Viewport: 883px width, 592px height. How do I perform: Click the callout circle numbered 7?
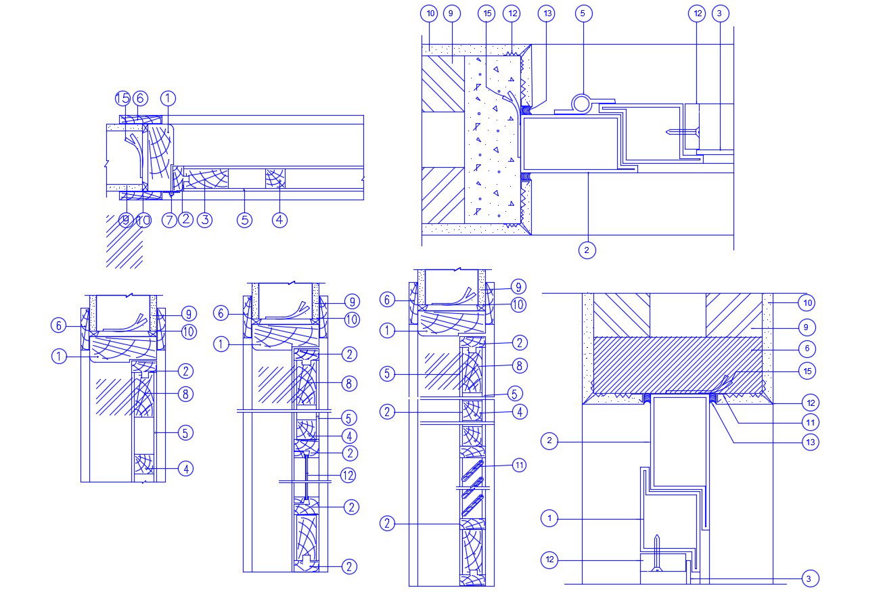click(x=168, y=220)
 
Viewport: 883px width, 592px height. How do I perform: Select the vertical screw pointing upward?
click(x=656, y=551)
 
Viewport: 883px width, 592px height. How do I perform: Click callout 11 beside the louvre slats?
click(x=519, y=465)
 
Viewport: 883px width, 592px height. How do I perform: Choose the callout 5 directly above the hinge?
click(x=583, y=13)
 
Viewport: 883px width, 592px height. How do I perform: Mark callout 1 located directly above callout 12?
click(x=550, y=519)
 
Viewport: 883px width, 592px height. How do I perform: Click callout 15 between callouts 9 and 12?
click(x=486, y=13)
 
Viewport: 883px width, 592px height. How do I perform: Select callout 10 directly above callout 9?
click(x=807, y=302)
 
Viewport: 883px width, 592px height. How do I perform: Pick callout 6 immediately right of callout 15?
click(x=140, y=99)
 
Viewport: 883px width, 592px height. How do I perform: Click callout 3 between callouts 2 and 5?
click(x=204, y=220)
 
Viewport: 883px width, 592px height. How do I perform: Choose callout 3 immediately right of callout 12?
click(x=720, y=13)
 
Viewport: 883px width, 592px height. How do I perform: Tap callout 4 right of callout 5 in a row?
click(x=279, y=220)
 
